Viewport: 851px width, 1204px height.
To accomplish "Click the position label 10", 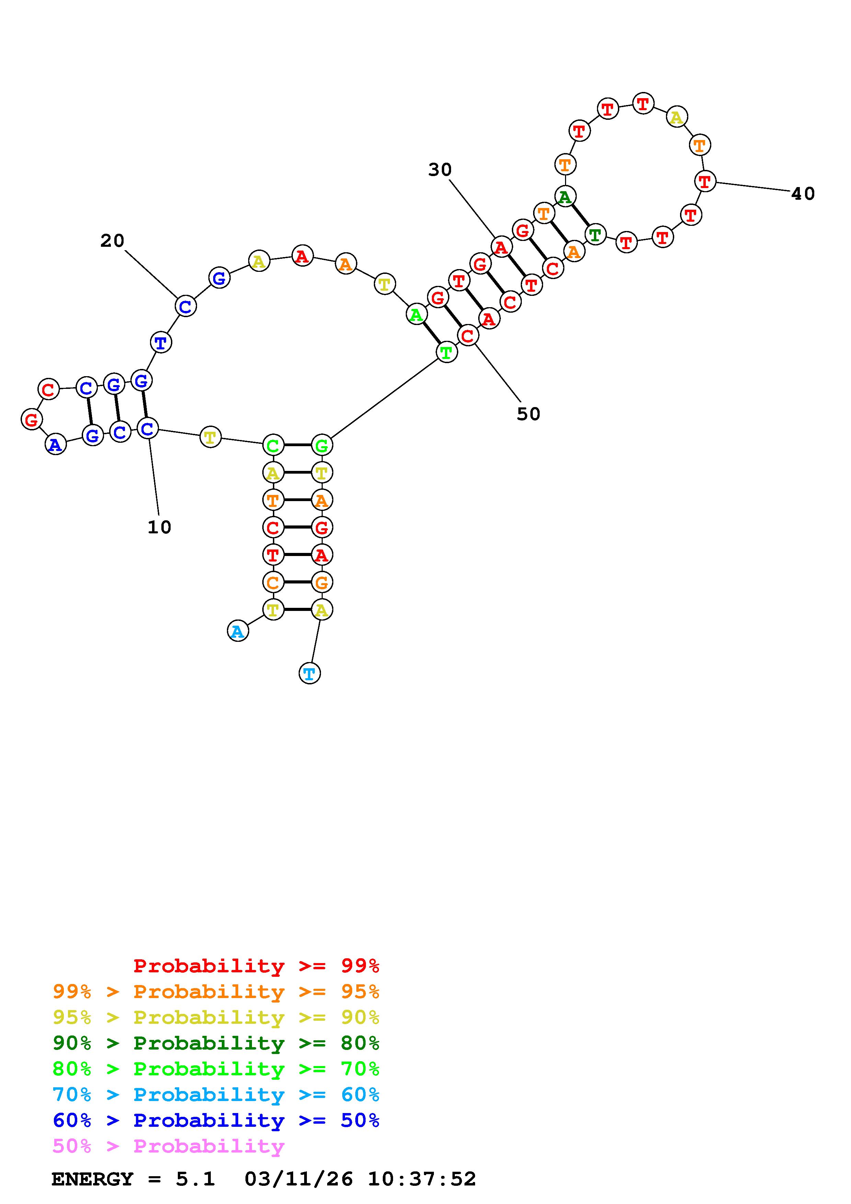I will pyautogui.click(x=159, y=527).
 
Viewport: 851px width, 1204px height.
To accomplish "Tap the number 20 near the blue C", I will pyautogui.click(x=112, y=241).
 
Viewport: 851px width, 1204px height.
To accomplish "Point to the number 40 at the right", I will pyautogui.click(x=803, y=194).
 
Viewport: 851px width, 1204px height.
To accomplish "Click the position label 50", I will pyautogui.click(x=528, y=414).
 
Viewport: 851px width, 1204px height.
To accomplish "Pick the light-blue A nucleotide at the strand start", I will pyautogui.click(x=238, y=632).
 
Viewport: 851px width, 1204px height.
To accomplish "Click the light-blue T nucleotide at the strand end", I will pyautogui.click(x=309, y=673).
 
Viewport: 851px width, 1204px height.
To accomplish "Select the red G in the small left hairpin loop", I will pyautogui.click(x=32, y=419).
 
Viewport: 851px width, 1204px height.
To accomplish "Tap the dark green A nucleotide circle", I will pyautogui.click(x=565, y=197).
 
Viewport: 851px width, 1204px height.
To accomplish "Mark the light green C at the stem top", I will pyautogui.click(x=273, y=446).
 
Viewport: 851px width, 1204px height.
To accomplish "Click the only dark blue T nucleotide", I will pyautogui.click(x=160, y=343).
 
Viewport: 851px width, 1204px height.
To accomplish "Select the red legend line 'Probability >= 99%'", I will pyautogui.click(x=256, y=966).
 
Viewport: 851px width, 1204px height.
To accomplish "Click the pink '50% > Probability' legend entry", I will pyautogui.click(x=168, y=1146).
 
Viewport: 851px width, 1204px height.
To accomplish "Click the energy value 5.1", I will pyautogui.click(x=195, y=1179).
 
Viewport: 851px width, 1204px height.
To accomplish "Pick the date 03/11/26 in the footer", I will pyautogui.click(x=298, y=1179).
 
